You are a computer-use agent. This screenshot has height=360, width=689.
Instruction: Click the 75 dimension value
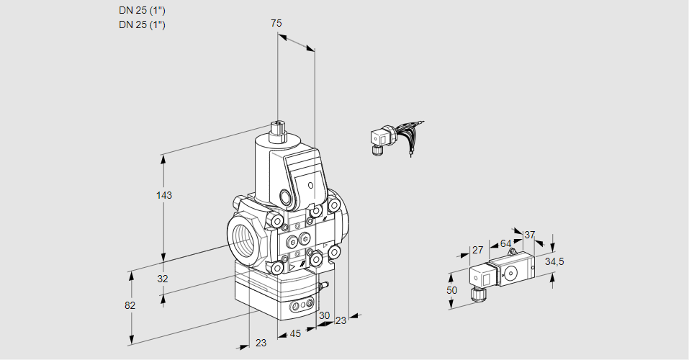tap(276, 24)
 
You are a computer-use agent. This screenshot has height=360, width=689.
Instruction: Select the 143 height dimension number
tap(166, 195)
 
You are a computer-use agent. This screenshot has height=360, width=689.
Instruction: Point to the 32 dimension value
tap(162, 279)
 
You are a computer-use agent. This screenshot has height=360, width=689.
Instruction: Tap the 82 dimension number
tap(130, 305)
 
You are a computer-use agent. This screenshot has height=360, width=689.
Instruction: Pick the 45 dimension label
tap(295, 333)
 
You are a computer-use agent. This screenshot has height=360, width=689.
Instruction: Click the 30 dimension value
tap(324, 315)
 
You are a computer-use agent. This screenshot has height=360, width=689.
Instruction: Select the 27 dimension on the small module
tap(477, 250)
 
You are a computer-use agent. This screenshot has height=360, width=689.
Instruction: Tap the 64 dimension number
tap(505, 243)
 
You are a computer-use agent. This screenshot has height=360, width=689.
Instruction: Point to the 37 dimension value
tap(530, 235)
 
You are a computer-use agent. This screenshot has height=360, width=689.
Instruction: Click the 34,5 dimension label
tap(555, 261)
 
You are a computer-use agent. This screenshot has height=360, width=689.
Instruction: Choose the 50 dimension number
tap(451, 290)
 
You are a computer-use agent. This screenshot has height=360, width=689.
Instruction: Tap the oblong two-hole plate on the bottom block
tap(302, 307)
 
